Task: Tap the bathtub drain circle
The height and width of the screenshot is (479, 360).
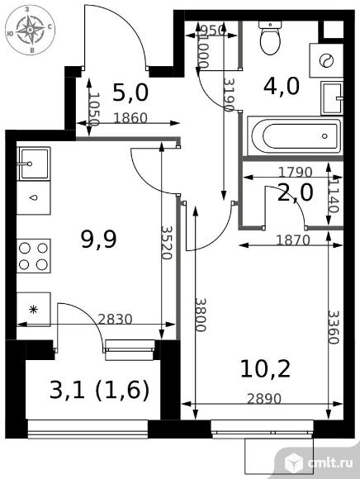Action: (324, 136)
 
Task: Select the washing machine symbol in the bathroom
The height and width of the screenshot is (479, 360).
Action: (326, 60)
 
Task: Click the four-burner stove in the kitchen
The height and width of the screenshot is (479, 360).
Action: (34, 256)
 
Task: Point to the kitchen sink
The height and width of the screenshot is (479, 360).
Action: (34, 164)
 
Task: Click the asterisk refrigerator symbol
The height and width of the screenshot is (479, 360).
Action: (34, 310)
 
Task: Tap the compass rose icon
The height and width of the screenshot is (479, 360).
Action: (31, 30)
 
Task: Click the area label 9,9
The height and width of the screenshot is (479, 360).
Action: (98, 239)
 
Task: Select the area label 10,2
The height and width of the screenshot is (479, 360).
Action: (265, 368)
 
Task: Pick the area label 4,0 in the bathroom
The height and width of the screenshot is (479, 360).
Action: (282, 86)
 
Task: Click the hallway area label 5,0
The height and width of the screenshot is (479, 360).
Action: (130, 92)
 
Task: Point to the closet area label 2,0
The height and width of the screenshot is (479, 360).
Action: (296, 192)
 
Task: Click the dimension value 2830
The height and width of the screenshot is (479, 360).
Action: (115, 319)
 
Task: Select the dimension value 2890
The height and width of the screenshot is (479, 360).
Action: (264, 398)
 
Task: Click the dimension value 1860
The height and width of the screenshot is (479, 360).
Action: (130, 118)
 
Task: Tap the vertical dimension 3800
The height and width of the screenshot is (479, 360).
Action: (201, 315)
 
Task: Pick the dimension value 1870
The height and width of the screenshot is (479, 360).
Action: (293, 240)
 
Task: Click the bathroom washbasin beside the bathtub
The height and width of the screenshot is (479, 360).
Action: (332, 98)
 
